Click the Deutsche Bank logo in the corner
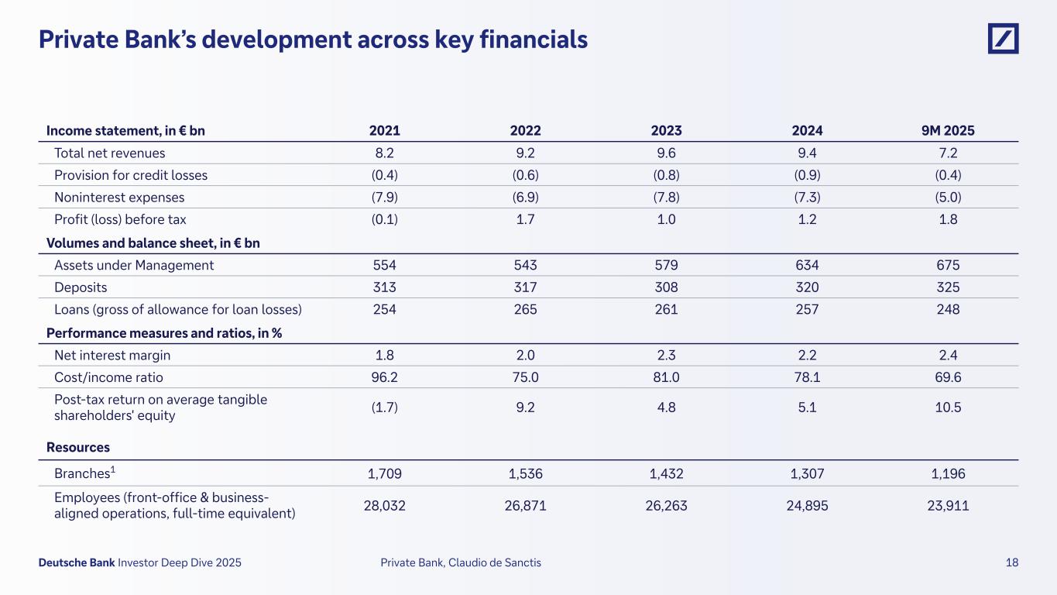tap(1003, 39)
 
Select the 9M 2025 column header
tap(947, 131)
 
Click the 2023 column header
tap(666, 131)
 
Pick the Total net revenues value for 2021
tap(385, 153)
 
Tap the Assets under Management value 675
tap(947, 265)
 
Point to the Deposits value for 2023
tap(666, 287)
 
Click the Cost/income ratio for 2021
tap(385, 377)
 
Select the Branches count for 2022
tap(525, 473)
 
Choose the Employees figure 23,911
tap(947, 506)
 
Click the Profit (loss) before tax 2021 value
tap(385, 219)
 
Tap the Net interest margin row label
tap(112, 356)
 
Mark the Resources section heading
tap(78, 447)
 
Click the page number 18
tap(1012, 563)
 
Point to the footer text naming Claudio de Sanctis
tap(461, 563)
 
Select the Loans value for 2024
tap(806, 309)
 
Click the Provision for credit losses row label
tap(131, 175)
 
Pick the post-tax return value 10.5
tap(947, 408)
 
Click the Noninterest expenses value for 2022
tap(525, 198)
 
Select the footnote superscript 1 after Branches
tap(112, 469)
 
